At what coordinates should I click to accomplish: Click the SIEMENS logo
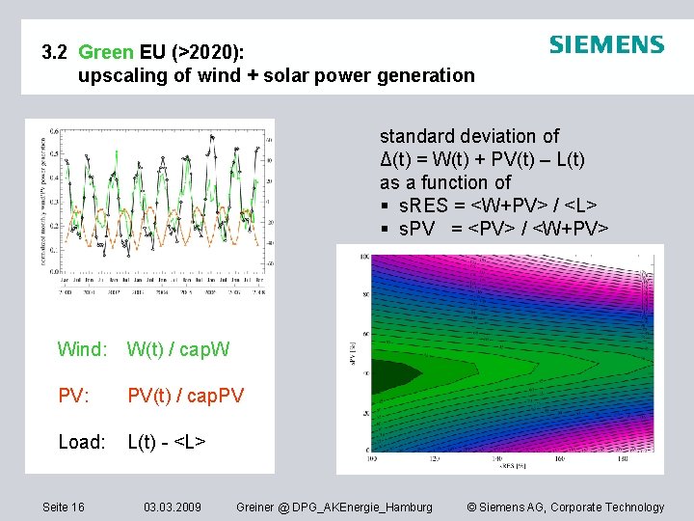[606, 44]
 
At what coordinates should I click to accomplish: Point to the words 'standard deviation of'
[469, 136]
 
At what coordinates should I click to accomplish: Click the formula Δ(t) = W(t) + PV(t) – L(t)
[482, 159]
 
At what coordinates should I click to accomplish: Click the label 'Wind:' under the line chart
[83, 349]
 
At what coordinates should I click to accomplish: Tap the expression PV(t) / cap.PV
[186, 396]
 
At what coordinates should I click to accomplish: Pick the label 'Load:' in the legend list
[82, 442]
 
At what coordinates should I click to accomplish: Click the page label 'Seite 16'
[64, 507]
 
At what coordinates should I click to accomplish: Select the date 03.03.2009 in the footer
[173, 507]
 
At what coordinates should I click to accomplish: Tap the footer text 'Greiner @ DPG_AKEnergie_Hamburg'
[334, 507]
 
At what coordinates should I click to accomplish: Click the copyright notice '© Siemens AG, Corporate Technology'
[565, 507]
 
